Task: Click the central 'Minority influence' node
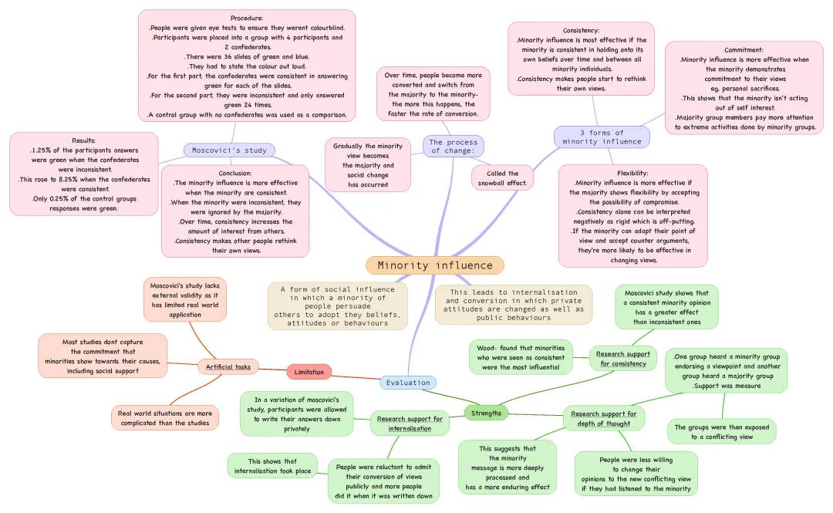[435, 265]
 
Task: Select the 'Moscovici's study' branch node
[229, 150]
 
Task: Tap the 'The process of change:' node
[453, 146]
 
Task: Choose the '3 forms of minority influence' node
[602, 137]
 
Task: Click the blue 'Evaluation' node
[408, 383]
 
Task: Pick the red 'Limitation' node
[309, 372]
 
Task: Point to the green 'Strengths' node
[486, 413]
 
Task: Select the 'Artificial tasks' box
[228, 366]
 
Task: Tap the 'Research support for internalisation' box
[410, 423]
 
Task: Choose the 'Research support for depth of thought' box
[603, 419]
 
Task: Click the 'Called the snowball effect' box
[502, 178]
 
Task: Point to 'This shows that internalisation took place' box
[272, 466]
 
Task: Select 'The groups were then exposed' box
[721, 431]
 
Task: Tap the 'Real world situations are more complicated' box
[165, 417]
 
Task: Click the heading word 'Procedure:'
[247, 18]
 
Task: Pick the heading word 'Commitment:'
[744, 49]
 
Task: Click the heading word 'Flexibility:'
[632, 173]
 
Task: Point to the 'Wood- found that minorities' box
[521, 357]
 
